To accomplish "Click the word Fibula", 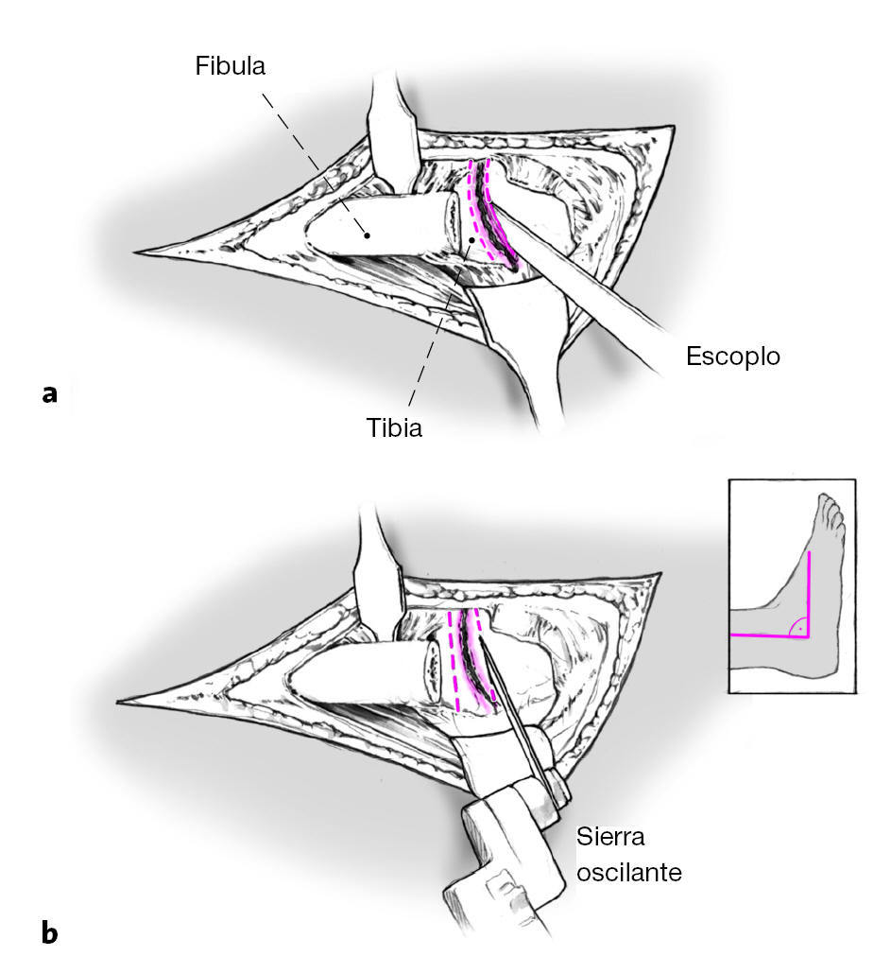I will (231, 66).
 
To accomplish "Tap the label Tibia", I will (394, 426).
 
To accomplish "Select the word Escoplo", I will (733, 357).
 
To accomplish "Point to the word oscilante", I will (629, 870).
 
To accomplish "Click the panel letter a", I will (50, 393).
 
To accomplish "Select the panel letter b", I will (50, 933).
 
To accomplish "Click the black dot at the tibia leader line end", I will (470, 240).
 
